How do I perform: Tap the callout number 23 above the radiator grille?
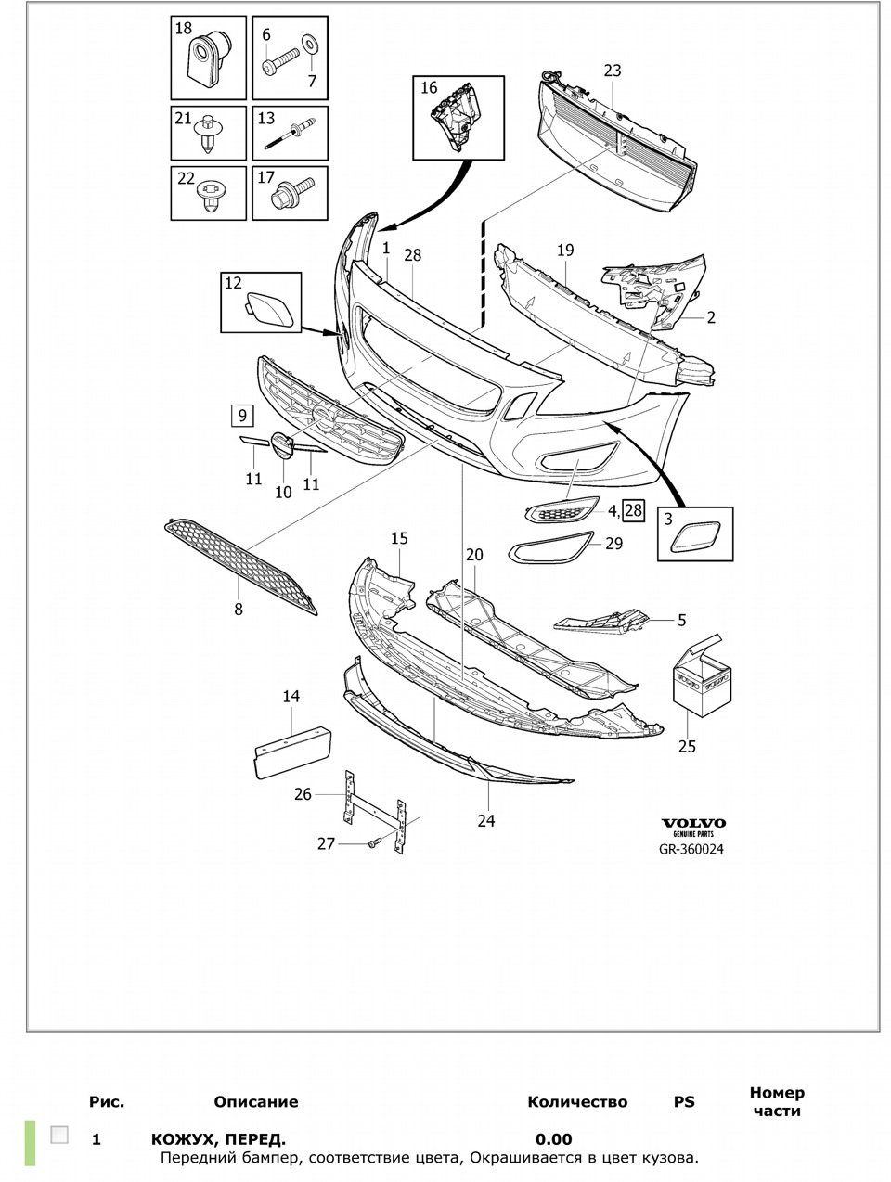coord(612,71)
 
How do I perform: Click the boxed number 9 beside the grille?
coord(241,415)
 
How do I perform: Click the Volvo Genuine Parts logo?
coord(693,827)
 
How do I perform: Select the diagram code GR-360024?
coord(692,847)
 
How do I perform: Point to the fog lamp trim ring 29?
coord(549,549)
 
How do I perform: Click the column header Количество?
coord(576,1102)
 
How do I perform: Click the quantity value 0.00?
coord(553,1139)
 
